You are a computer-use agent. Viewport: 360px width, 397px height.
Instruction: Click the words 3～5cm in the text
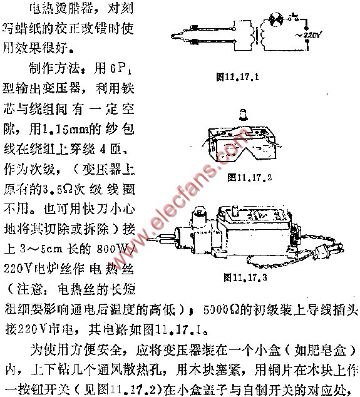44,230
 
